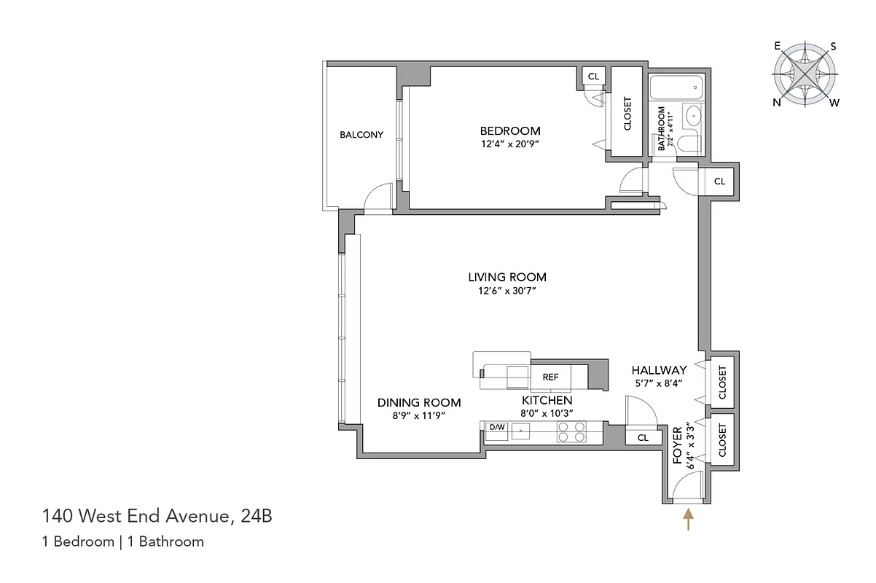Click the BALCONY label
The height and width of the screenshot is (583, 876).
pyautogui.click(x=361, y=135)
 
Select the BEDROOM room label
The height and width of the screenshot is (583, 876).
pyautogui.click(x=510, y=131)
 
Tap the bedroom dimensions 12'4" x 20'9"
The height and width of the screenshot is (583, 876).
pyautogui.click(x=510, y=144)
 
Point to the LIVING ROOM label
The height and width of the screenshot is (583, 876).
pyautogui.click(x=507, y=277)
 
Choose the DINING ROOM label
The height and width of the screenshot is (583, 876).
pyautogui.click(x=419, y=402)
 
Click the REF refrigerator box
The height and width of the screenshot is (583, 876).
pyautogui.click(x=550, y=377)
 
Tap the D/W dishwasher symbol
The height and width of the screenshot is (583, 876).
pyautogui.click(x=497, y=428)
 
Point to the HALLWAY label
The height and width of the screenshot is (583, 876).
pyautogui.click(x=659, y=370)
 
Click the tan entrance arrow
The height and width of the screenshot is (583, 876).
pyautogui.click(x=687, y=520)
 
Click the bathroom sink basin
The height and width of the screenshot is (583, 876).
pyautogui.click(x=693, y=114)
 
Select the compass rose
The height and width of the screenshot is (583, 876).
pyautogui.click(x=805, y=75)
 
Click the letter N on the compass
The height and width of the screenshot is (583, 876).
pyautogui.click(x=777, y=103)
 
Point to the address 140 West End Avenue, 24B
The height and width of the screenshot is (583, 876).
pyautogui.click(x=157, y=517)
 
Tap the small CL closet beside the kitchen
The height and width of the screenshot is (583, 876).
pyautogui.click(x=643, y=438)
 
